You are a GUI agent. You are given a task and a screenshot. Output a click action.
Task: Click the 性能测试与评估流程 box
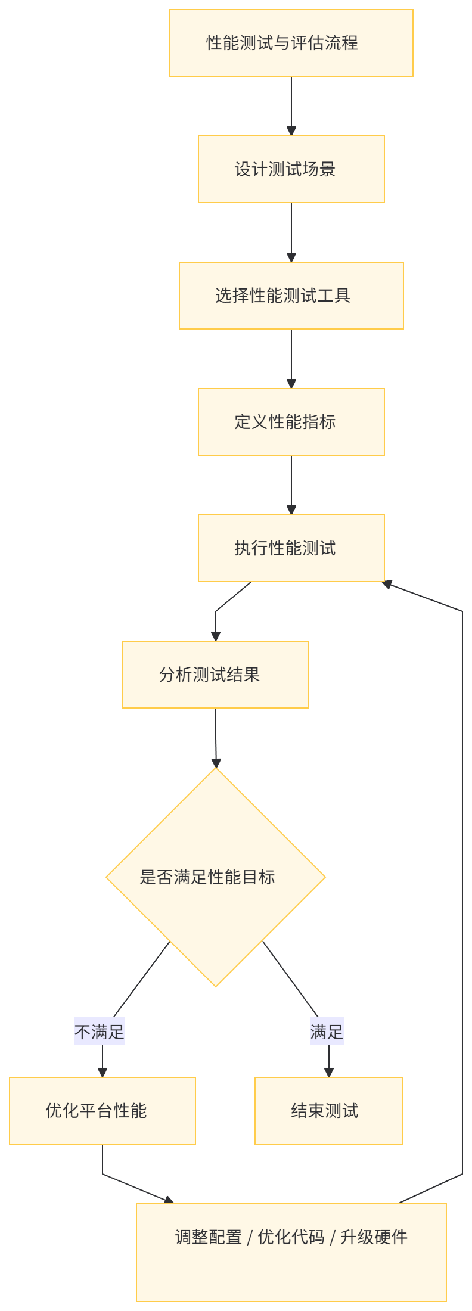click(x=291, y=43)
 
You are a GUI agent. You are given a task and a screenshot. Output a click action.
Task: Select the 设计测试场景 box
click(x=291, y=169)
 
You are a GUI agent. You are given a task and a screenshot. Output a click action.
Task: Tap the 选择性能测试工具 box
click(x=291, y=296)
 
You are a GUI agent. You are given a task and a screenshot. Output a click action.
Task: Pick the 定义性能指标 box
click(x=291, y=422)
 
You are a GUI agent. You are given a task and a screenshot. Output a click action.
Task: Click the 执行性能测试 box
click(x=291, y=548)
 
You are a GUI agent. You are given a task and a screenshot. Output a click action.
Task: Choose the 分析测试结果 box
click(x=215, y=675)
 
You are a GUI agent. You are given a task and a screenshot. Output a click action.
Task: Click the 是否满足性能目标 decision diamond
click(x=215, y=877)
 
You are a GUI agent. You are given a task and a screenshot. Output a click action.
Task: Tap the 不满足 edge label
click(x=99, y=1032)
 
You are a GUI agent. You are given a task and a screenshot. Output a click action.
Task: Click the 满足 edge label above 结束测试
click(x=327, y=1032)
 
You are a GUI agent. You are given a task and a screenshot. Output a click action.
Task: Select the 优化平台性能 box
click(x=102, y=1111)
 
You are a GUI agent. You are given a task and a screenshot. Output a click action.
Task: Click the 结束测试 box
click(x=328, y=1111)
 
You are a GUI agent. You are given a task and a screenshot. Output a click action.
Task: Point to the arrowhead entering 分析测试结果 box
click(x=215, y=635)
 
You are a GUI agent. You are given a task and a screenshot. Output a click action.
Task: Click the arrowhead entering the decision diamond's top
click(x=216, y=762)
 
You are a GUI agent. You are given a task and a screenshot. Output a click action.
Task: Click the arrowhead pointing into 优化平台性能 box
click(x=102, y=1072)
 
